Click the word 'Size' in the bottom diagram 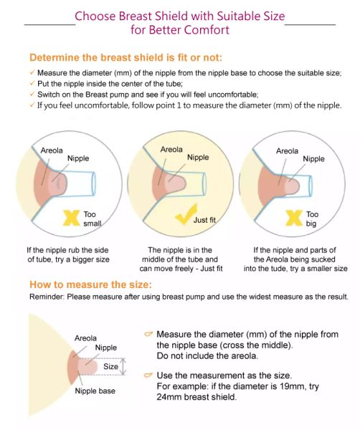110,367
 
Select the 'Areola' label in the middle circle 171,150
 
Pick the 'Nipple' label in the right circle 313,159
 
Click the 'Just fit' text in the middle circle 204,220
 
